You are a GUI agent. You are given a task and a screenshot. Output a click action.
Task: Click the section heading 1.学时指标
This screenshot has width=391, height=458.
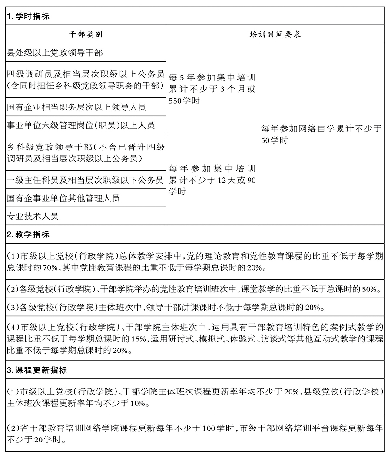[x=29, y=17]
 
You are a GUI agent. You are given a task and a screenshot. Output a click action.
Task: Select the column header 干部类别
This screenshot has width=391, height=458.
[x=86, y=34]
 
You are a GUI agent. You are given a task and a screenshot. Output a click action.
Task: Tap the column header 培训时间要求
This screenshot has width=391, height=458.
[x=275, y=34]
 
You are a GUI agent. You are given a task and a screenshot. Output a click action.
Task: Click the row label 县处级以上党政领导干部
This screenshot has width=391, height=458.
[x=55, y=53]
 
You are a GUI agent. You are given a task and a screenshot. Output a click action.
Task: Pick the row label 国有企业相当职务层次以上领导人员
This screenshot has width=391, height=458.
[x=76, y=107]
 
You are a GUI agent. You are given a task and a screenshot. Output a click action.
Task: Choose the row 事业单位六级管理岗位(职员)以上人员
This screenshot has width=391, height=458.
[x=81, y=126]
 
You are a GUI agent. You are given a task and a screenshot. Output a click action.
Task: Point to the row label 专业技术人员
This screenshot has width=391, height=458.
[x=33, y=216]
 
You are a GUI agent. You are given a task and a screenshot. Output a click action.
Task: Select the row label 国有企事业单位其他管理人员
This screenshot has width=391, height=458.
[x=63, y=198]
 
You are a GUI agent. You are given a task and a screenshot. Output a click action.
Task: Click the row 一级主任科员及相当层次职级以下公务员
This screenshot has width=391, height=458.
[x=85, y=180]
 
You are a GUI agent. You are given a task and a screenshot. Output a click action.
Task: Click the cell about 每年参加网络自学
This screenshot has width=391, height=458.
[x=321, y=134]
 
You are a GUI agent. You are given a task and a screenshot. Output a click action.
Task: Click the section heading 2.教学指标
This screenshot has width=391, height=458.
[x=29, y=235]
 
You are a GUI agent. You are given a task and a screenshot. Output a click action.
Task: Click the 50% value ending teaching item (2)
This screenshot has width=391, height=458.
[x=371, y=289]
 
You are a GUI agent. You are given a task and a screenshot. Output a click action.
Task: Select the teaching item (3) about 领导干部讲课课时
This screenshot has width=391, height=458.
[x=166, y=308]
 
